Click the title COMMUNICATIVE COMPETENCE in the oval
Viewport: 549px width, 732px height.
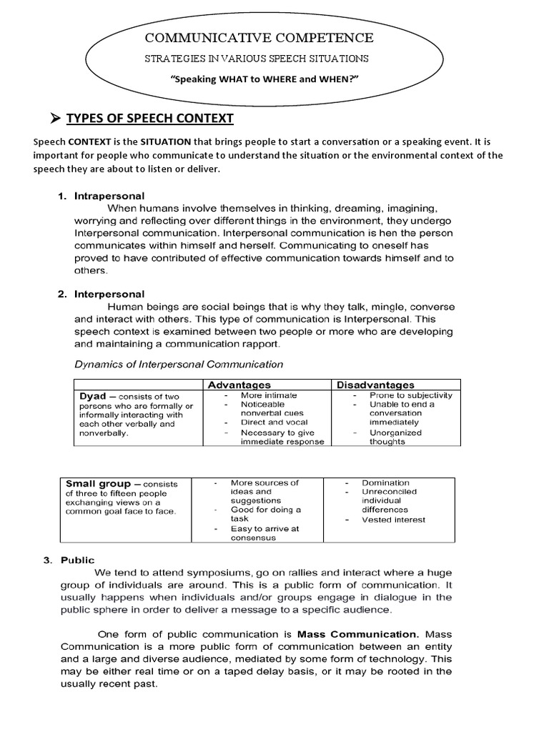(x=259, y=38)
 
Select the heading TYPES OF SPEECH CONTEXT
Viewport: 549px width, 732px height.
(x=149, y=118)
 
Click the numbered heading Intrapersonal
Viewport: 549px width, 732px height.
(x=109, y=196)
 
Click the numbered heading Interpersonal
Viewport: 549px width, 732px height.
(x=109, y=294)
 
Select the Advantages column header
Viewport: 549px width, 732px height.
(x=239, y=385)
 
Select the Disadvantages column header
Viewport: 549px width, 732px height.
(x=375, y=385)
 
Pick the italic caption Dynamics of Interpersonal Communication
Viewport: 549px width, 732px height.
(x=179, y=364)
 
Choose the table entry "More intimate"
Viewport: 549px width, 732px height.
(x=268, y=395)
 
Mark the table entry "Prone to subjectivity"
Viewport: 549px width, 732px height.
(x=410, y=395)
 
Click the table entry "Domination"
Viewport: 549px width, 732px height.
(x=385, y=483)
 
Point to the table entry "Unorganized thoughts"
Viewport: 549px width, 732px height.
(x=395, y=437)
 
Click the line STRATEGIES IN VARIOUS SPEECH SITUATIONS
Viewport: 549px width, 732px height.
(x=258, y=57)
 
